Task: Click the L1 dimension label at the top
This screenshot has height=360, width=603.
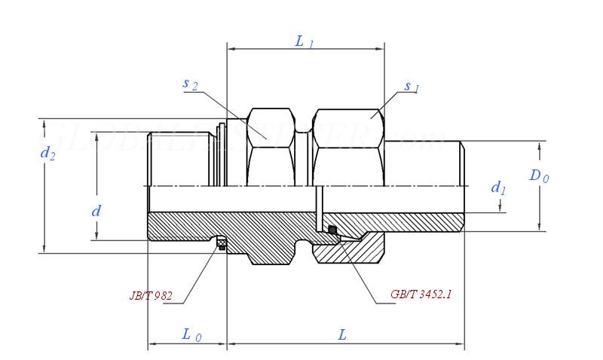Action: coord(305,42)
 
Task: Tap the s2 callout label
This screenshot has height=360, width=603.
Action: coord(190,84)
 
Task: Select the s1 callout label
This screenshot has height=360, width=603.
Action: coord(412,87)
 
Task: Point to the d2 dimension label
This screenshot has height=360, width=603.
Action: coord(47,154)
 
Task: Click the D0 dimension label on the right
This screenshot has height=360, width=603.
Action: coord(539,176)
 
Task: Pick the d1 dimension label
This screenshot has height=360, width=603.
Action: coord(498,188)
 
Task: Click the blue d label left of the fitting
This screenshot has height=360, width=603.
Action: coord(96,212)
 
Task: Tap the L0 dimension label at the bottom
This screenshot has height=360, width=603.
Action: coord(191,334)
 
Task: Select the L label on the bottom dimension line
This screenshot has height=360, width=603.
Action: coord(342,334)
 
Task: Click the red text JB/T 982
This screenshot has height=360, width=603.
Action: coord(151,296)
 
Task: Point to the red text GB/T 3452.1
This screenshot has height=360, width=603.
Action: coord(421,294)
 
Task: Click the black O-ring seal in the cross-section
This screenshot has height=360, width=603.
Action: coord(332,230)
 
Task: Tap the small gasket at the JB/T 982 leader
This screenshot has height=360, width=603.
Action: coord(222,242)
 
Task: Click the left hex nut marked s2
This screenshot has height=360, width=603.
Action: coord(270,148)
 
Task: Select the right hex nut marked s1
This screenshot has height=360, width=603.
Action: coord(348,148)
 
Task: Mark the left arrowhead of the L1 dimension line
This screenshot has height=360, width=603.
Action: coord(231,50)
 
